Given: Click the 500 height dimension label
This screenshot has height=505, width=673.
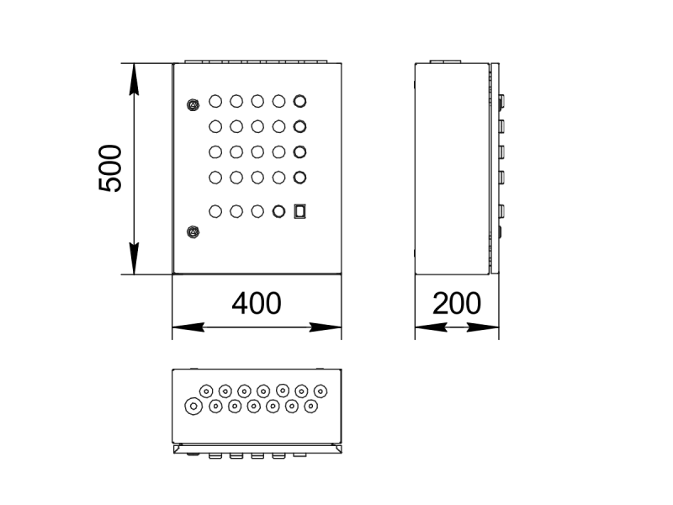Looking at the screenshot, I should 111,168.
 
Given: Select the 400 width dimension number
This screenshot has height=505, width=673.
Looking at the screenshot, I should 256,303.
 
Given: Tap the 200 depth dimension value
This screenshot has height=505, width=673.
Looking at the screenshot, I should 457,303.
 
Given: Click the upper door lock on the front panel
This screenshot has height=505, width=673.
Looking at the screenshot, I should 193,105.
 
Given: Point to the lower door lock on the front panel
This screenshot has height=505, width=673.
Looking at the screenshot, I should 193,231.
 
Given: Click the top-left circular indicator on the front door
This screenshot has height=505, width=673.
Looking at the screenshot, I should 215,102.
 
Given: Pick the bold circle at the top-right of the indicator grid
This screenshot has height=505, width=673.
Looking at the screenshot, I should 300,102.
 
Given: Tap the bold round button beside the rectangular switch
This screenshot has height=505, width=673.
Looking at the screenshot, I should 279,211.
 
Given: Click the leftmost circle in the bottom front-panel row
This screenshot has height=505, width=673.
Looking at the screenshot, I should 215,211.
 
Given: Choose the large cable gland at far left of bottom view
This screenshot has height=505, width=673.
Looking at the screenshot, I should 193,407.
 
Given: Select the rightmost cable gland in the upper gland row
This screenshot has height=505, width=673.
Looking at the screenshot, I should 321,391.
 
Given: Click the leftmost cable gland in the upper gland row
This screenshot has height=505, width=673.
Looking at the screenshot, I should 206,391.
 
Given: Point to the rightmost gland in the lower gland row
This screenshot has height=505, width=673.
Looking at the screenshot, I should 311,407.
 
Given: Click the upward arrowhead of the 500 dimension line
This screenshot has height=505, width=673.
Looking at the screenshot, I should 135,71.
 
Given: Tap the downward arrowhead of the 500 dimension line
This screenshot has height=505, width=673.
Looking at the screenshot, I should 135,266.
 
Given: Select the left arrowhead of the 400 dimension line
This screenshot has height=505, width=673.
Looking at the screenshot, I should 182,327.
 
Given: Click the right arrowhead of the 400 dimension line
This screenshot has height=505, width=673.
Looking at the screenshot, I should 331,327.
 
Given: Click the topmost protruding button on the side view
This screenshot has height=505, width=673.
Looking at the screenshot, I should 502,100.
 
